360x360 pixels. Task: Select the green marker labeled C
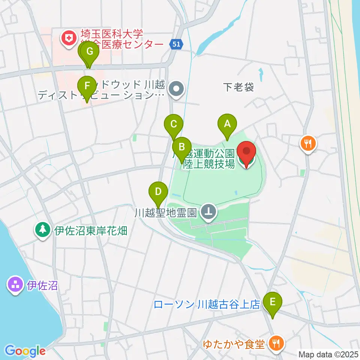173,124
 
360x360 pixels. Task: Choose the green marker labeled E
272,302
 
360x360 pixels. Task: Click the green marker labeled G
90,52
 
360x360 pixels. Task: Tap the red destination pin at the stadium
246,152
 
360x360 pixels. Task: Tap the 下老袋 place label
238,87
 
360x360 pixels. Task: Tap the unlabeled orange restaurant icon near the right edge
308,143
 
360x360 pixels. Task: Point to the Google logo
25,351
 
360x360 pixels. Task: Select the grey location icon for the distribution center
176,89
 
